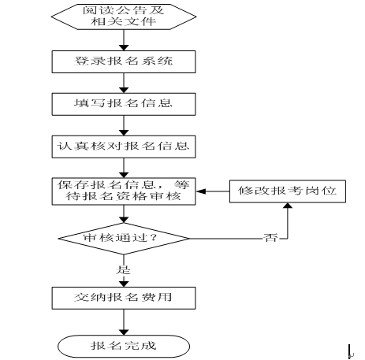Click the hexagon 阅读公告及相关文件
point(124,17)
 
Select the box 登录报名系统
point(124,61)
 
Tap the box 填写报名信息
point(124,104)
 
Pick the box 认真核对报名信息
point(124,147)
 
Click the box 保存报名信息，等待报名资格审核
point(124,191)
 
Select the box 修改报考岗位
point(288,191)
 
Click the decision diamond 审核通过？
point(124,239)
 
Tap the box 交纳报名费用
point(124,298)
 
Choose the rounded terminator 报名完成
point(124,346)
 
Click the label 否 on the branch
point(270,238)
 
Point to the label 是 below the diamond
point(123,269)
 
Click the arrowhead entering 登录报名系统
point(124,48)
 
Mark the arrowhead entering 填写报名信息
point(124,90)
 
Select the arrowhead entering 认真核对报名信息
point(124,132)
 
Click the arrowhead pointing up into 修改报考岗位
point(288,206)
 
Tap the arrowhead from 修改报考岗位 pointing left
point(200,191)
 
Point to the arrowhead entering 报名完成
point(124,332)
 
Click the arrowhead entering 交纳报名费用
point(124,284)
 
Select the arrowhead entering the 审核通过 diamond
point(124,220)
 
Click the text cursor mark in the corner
point(350,351)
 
